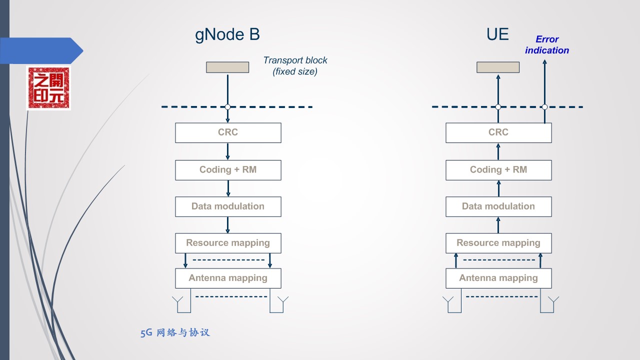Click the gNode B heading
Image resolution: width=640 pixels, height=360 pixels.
click(x=227, y=34)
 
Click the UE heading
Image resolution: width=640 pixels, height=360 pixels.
click(x=497, y=34)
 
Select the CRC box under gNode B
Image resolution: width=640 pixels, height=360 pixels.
click(x=228, y=132)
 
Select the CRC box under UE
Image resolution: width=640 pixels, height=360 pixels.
click(x=498, y=132)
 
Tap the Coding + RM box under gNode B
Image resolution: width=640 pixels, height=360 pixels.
click(x=228, y=170)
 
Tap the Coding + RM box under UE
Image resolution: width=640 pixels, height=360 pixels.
click(x=498, y=170)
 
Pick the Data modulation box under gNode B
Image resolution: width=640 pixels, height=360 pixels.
click(x=228, y=206)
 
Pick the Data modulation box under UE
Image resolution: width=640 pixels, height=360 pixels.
click(x=498, y=206)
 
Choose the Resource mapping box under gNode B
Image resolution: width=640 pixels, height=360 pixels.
click(x=228, y=243)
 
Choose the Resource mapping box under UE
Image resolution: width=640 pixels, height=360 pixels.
click(x=498, y=243)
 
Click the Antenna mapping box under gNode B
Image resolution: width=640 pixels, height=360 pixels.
click(x=228, y=278)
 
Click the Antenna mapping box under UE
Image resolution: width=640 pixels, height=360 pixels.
click(x=498, y=278)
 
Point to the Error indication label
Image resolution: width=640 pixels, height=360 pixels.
click(x=547, y=45)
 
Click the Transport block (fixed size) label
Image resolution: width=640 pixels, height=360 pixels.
click(x=295, y=65)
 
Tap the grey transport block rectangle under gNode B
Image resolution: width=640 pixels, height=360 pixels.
click(x=227, y=67)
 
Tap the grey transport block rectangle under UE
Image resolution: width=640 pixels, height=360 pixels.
click(x=498, y=67)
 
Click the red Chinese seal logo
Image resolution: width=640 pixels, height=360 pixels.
click(x=48, y=88)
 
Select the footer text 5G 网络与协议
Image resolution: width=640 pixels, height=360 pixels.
click(x=175, y=332)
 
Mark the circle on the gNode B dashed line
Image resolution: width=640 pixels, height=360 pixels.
click(x=227, y=107)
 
